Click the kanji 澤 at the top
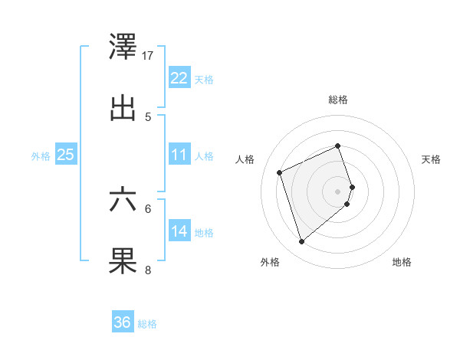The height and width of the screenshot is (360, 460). [x=123, y=47]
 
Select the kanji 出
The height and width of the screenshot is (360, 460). [x=123, y=109]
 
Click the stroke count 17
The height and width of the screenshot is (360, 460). [x=148, y=55]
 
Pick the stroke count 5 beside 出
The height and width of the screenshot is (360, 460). [x=148, y=116]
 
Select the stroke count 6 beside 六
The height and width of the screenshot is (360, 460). [x=148, y=208]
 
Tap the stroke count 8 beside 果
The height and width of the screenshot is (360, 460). [x=148, y=269]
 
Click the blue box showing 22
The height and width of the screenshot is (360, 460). [x=179, y=77]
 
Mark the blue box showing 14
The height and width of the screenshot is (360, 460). [x=179, y=231]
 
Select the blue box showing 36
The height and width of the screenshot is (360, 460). [x=123, y=322]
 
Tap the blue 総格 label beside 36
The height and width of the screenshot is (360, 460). [x=147, y=324]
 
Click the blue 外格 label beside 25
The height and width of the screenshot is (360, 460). [x=41, y=155]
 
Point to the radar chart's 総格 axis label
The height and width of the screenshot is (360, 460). [x=338, y=100]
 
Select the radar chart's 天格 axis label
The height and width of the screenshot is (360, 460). [x=431, y=159]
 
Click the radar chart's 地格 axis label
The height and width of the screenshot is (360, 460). [x=402, y=263]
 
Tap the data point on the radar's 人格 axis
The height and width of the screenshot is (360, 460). [x=280, y=172]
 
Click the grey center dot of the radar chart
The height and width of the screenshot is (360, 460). [x=338, y=191]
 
